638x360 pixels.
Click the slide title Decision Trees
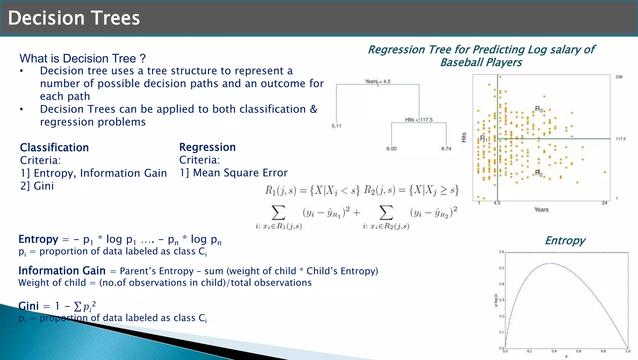[74, 18]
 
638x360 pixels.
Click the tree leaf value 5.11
[336, 126]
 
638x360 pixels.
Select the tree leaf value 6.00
[391, 149]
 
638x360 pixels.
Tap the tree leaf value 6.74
[446, 149]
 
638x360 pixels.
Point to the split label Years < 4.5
[378, 81]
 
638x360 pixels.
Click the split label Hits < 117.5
[419, 120]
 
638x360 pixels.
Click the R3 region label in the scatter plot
[539, 109]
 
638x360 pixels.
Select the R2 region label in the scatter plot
[539, 173]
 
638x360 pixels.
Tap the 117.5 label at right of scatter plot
[621, 139]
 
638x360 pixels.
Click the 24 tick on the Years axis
[604, 203]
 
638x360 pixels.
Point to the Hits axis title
[464, 137]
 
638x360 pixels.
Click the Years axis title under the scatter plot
[541, 210]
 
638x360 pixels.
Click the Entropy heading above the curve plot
[565, 241]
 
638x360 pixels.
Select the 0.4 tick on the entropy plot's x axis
[554, 351]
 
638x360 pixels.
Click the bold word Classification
[55, 147]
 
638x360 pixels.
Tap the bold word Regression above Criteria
[207, 147]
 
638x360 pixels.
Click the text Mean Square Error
[240, 173]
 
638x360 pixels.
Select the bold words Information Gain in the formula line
[62, 271]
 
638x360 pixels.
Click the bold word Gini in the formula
[29, 306]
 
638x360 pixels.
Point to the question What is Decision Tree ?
[83, 59]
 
